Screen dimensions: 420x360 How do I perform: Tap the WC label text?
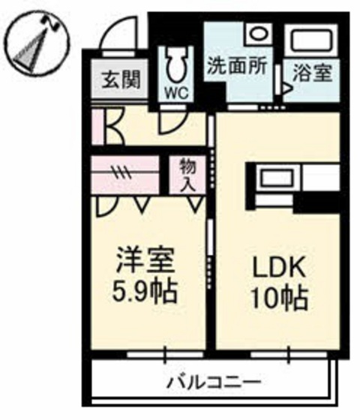[x=176, y=93]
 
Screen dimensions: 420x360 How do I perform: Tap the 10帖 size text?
[x=278, y=298]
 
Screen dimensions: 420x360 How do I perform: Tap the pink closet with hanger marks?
[x=124, y=174]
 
